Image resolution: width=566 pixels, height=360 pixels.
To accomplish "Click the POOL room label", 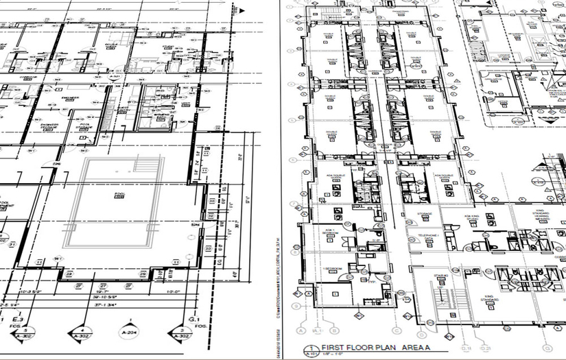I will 119,195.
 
